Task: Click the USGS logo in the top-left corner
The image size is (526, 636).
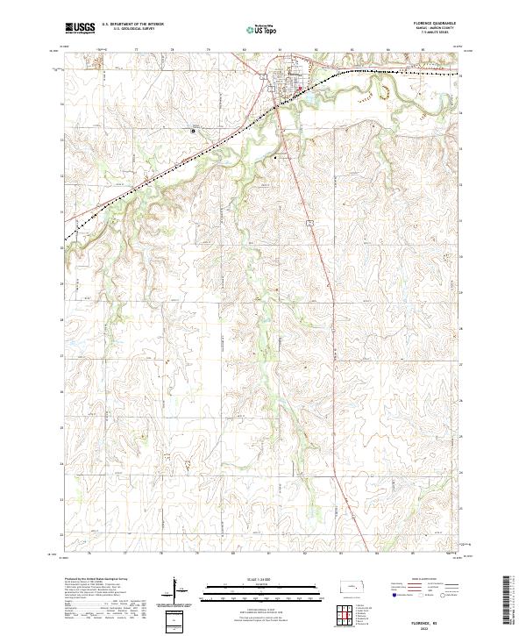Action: click(x=80, y=28)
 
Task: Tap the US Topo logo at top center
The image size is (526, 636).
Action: click(x=262, y=29)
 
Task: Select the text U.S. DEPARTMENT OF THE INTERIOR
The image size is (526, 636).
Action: click(x=132, y=25)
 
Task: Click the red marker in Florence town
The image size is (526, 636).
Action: click(x=300, y=87)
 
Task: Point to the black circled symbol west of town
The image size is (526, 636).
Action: click(x=194, y=131)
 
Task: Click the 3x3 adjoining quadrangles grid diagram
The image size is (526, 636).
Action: click(x=345, y=616)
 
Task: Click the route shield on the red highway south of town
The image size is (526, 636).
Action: click(x=310, y=225)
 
